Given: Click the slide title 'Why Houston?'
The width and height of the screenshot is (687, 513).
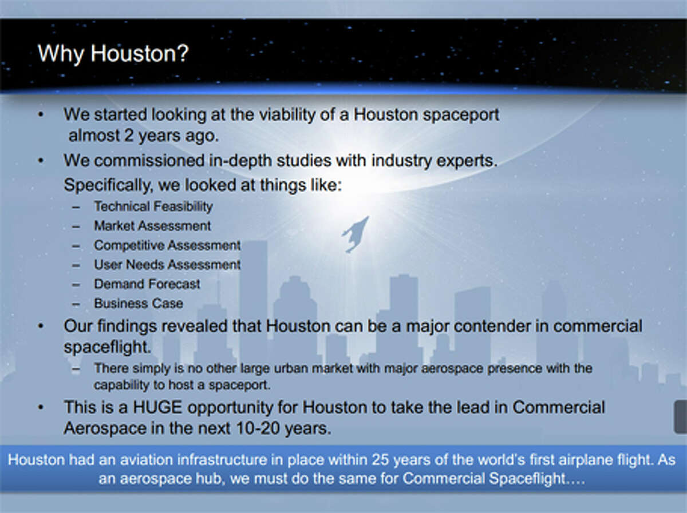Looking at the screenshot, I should point(113,54).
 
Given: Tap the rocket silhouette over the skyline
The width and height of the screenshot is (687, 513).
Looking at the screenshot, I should point(356,234).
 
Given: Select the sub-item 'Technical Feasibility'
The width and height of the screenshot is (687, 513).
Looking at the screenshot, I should point(153,206).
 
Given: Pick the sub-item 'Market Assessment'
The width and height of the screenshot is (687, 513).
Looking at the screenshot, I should point(152,226).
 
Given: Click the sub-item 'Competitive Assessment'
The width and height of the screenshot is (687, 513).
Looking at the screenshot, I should point(167,245).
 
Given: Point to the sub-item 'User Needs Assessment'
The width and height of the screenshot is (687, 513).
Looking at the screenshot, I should point(167,265).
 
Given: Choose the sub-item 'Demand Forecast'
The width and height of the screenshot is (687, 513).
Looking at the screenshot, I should point(147,284).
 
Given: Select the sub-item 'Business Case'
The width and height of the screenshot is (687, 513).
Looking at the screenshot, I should point(139,304).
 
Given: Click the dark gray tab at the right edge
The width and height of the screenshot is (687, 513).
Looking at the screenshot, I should point(680,416).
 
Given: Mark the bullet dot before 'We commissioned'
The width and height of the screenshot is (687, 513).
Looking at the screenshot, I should point(41,161).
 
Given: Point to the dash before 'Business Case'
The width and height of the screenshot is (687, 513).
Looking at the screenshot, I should point(76,304).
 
